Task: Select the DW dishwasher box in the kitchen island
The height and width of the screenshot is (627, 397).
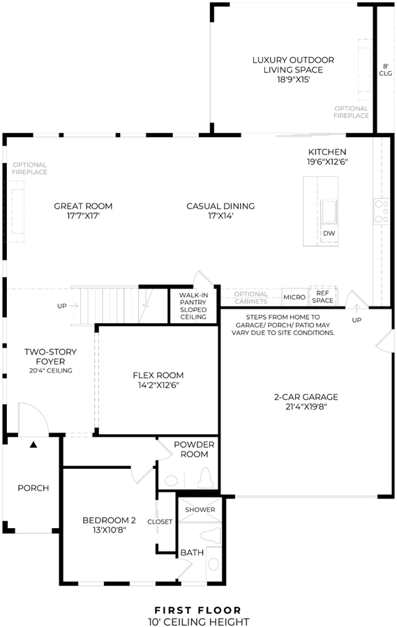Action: pos(329,233)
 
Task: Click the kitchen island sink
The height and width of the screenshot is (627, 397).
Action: pos(329,210)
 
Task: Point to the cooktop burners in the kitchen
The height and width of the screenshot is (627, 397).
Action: pos(381,210)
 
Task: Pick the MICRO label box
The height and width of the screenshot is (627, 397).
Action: pos(294,297)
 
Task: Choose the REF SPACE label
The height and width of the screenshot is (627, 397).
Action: pos(322,297)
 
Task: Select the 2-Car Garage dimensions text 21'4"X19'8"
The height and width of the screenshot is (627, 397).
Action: pos(306,407)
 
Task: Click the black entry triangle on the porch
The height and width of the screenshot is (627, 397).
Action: pos(33,444)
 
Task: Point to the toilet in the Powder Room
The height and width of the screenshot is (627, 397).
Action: pos(206,477)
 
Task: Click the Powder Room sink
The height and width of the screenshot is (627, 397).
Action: pos(172,480)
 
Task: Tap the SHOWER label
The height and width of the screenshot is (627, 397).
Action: pos(200,509)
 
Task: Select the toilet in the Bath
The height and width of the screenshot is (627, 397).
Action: pos(210,534)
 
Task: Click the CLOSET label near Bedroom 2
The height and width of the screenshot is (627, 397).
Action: pos(160,522)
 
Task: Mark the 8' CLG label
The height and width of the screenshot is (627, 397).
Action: pos(385,70)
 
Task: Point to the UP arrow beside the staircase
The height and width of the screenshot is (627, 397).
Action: pos(73,306)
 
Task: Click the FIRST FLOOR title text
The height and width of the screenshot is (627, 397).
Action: pos(198,610)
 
